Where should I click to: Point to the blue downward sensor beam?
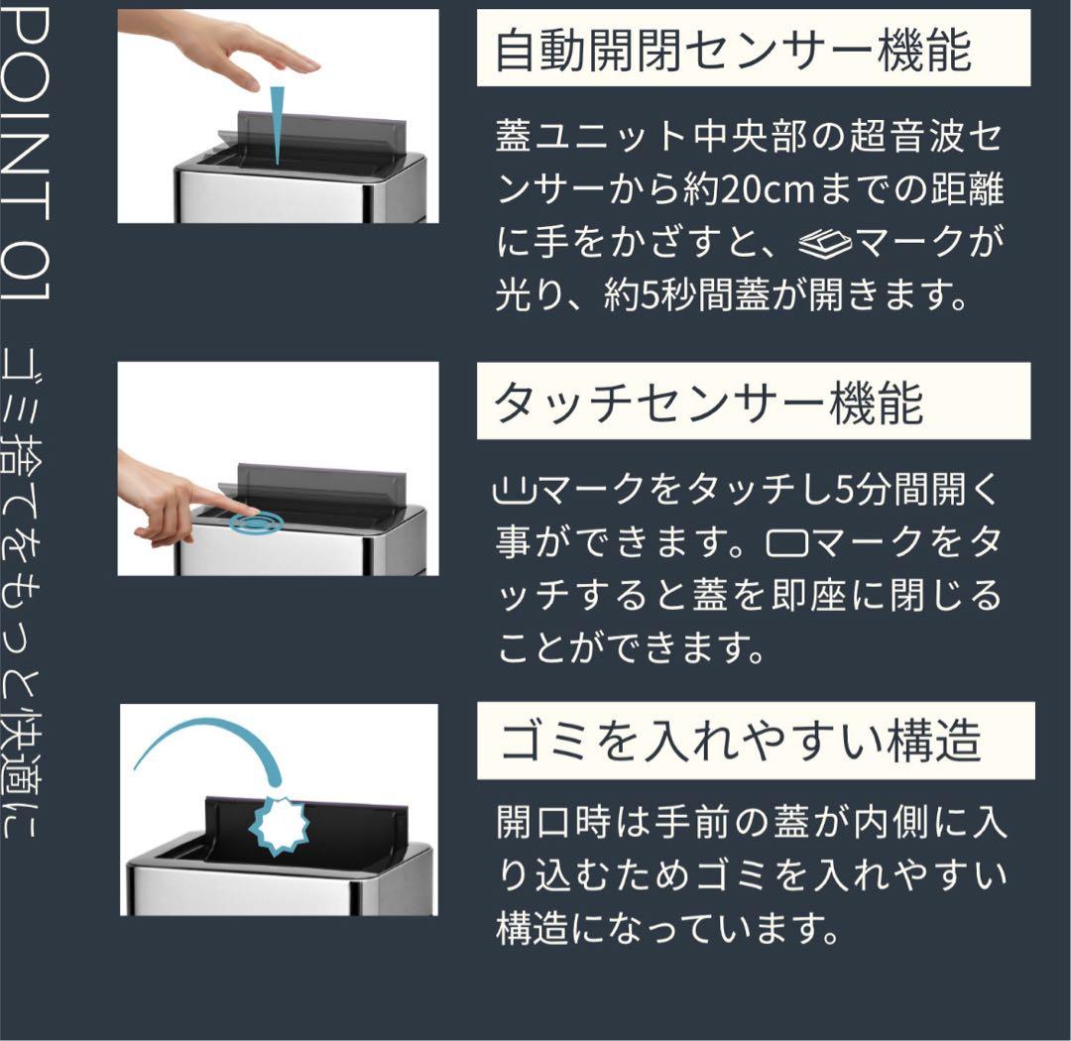(x=277, y=124)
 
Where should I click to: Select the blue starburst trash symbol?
(x=281, y=820)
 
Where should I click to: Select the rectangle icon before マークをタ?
(x=787, y=543)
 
